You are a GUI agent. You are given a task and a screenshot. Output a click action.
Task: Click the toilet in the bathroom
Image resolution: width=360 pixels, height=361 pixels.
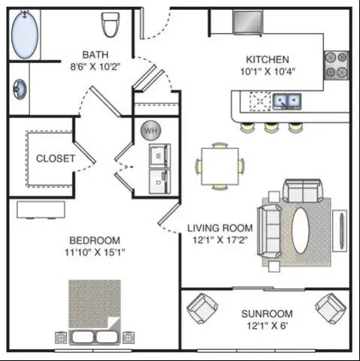click(x=110, y=25)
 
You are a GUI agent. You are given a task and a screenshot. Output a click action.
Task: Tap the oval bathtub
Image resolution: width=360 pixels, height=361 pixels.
click(x=25, y=35)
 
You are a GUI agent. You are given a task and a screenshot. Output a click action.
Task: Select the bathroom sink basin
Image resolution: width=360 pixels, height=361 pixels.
click(x=20, y=89)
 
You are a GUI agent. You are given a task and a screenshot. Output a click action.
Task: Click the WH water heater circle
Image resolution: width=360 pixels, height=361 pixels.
click(x=151, y=130)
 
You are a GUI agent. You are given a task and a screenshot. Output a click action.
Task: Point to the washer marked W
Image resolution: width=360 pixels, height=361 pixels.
click(x=160, y=156)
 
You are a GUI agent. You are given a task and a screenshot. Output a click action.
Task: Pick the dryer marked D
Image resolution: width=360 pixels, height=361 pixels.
click(x=160, y=181)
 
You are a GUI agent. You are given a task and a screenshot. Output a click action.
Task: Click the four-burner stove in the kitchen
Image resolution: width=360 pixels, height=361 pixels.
click(x=336, y=65)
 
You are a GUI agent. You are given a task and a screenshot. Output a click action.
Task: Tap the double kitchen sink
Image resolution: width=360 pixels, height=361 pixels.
click(x=287, y=102)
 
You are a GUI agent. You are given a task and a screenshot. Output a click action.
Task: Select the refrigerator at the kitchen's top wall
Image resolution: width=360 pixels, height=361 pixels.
click(x=247, y=22)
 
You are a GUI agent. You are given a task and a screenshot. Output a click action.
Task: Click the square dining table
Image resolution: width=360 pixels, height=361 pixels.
click(x=220, y=166)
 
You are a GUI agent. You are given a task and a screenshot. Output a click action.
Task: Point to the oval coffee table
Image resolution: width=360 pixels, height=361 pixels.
click(x=300, y=230)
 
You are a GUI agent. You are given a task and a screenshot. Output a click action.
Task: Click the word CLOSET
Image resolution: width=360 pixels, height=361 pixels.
click(x=56, y=159)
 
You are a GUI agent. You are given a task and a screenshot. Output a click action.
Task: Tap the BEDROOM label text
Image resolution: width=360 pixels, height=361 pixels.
click(x=95, y=241)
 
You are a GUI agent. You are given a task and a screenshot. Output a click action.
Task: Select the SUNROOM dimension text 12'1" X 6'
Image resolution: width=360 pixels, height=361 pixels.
click(x=267, y=326)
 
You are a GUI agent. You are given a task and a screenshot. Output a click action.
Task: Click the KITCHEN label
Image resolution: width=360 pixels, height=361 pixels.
click(x=268, y=59)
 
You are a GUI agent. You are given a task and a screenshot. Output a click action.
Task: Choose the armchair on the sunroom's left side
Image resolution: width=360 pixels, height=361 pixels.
click(x=202, y=308)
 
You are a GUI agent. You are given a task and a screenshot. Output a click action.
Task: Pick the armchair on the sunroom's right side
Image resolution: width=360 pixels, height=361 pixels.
click(x=331, y=308)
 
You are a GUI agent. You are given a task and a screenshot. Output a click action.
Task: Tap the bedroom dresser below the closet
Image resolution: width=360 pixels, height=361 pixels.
click(x=41, y=210)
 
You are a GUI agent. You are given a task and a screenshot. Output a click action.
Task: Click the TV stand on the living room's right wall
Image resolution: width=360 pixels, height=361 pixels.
click(x=340, y=231)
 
